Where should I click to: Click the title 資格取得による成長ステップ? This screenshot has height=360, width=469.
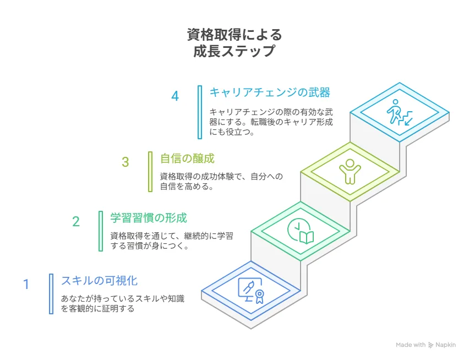click(234, 42)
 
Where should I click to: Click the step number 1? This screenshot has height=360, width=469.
click(26, 284)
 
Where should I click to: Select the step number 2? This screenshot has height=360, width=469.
click(76, 222)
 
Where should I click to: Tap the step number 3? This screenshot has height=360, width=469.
click(126, 162)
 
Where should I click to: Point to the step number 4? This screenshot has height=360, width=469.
click(175, 96)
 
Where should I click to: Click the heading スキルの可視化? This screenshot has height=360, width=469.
click(99, 281)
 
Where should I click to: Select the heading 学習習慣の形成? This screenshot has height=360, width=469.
click(149, 217)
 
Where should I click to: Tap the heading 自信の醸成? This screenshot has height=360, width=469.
click(187, 158)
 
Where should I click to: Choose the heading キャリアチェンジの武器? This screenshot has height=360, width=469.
click(270, 92)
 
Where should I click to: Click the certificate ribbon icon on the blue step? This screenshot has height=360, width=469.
click(259, 297)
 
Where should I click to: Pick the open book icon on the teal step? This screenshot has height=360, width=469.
click(307, 237)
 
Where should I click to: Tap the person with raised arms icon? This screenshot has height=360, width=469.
click(350, 171)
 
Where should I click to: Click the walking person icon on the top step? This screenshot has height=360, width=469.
click(395, 112)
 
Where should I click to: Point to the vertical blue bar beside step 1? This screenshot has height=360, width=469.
click(51, 294)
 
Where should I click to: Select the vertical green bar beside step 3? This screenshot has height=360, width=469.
click(150, 172)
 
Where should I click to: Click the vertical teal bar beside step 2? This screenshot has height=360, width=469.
click(101, 231)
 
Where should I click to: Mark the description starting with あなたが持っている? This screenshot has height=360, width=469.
click(123, 303)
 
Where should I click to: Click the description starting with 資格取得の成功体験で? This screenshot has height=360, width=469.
click(221, 181)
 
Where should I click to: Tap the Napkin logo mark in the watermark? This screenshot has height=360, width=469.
click(430, 345)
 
